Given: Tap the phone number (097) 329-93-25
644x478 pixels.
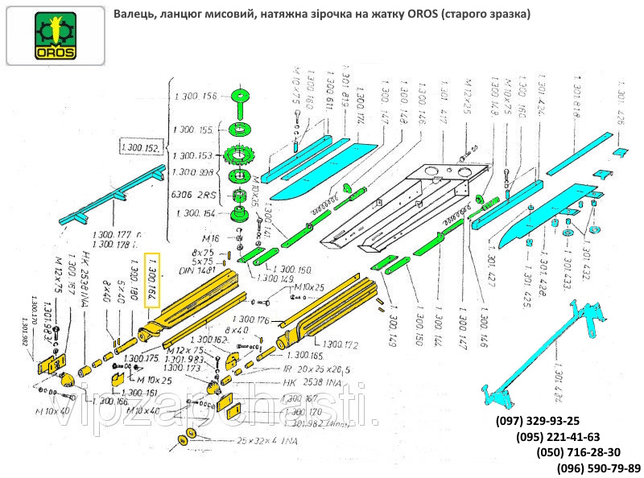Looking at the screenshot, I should (533, 421).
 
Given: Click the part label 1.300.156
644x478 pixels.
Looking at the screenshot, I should (195, 97).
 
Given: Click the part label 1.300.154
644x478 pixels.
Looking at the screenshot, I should (195, 212).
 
